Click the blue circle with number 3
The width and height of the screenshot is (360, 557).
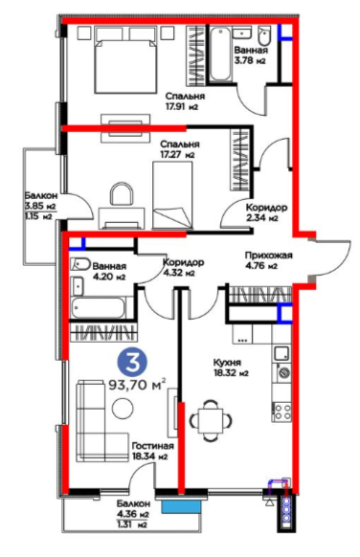point(132,362)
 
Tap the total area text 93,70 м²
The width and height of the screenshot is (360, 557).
point(137,385)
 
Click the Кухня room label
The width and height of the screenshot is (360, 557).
point(227,363)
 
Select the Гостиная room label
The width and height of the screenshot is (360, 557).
point(153,446)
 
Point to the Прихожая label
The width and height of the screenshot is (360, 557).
point(268,256)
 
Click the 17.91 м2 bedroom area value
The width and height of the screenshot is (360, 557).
point(181,106)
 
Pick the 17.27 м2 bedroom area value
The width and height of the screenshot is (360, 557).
point(177,155)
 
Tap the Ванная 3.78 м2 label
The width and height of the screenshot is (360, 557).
point(250,56)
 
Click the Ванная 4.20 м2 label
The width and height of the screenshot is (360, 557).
point(109,272)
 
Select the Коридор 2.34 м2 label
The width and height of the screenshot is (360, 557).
point(266,212)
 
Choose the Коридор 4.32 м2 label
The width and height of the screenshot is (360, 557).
point(183,267)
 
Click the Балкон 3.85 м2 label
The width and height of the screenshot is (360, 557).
point(41,200)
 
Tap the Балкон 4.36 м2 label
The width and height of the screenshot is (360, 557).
point(133,509)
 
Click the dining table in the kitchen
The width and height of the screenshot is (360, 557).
point(211,421)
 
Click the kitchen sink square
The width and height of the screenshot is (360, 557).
point(281,353)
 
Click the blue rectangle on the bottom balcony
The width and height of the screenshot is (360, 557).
point(180,506)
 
